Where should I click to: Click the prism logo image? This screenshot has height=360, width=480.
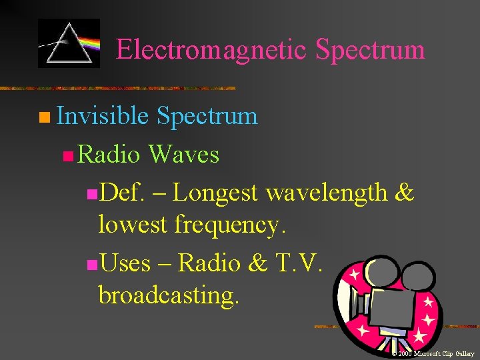pos(69,43)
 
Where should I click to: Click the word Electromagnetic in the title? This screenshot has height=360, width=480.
pos(212,49)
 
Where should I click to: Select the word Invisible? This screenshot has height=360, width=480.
pos(103,116)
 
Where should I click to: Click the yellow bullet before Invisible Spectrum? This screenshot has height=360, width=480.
pos(43,119)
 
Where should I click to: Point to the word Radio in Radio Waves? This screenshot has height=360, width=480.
pos(109,155)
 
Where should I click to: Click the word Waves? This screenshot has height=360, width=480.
pos(183,155)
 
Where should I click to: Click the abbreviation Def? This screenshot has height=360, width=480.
pos(124,193)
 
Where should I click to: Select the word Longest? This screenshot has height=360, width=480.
pos(215,193)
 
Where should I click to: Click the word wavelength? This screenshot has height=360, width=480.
pos(327,193)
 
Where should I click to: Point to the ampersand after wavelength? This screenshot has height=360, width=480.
pos(405,193)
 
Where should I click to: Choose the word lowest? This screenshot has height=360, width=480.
pos(133,225)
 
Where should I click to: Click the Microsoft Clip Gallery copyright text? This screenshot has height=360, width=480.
pos(433,353)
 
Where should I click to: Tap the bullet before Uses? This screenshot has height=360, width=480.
pos(91,265)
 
